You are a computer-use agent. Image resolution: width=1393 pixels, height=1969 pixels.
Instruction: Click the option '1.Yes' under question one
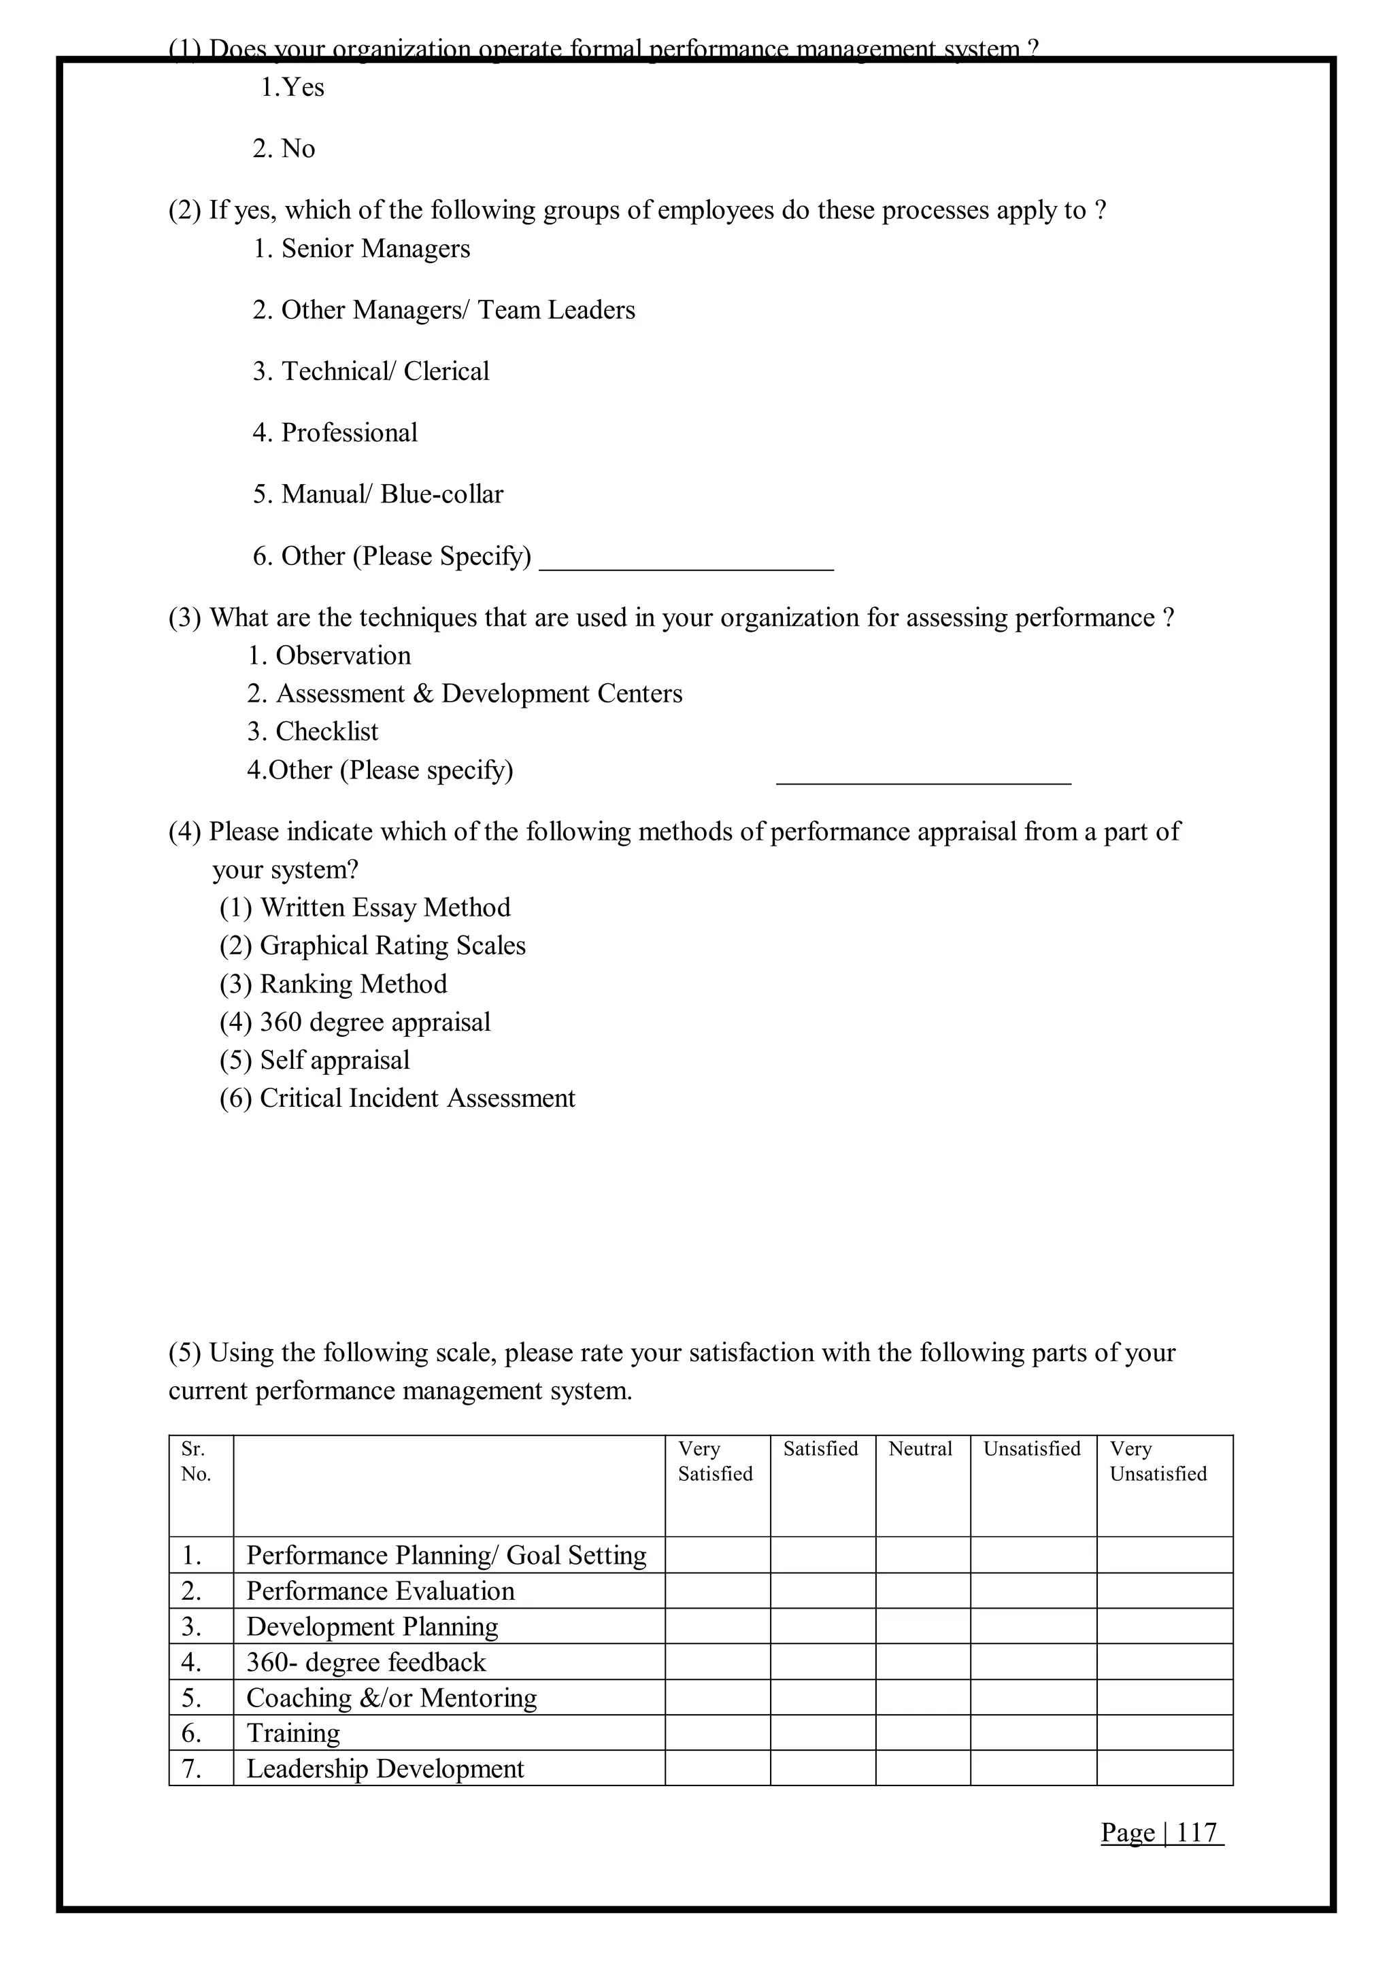(292, 88)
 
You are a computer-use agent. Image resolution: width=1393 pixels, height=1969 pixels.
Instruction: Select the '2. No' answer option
(284, 149)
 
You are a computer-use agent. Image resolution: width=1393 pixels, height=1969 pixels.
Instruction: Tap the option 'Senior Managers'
(362, 249)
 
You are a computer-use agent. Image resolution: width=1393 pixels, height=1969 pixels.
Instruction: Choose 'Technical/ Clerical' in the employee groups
(371, 371)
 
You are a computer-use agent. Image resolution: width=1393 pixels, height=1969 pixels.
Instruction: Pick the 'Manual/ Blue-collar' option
(378, 495)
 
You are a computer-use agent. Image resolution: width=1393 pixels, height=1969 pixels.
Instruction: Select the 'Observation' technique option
(329, 656)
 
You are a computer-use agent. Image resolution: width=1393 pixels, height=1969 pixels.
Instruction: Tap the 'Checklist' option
(313, 732)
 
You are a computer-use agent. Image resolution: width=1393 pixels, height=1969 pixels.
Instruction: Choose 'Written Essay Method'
(365, 907)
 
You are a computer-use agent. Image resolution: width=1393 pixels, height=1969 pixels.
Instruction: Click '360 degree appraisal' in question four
(355, 1022)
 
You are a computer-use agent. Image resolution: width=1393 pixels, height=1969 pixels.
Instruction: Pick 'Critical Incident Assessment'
(397, 1099)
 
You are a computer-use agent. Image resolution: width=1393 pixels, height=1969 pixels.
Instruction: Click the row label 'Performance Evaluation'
(380, 1592)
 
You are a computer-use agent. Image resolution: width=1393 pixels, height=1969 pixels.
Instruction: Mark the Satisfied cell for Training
(822, 1733)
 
